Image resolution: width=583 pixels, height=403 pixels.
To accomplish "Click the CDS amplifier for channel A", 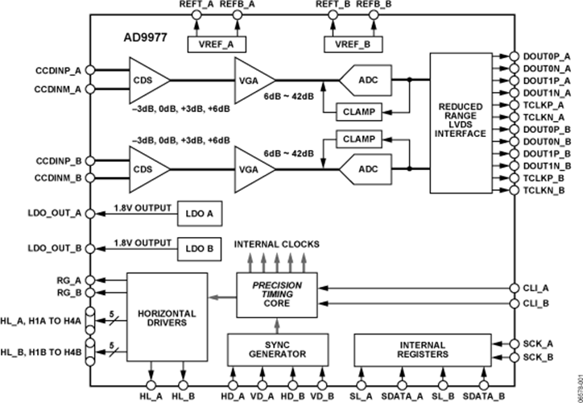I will tap(146, 80).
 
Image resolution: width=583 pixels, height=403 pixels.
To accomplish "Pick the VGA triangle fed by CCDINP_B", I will tap(253, 169).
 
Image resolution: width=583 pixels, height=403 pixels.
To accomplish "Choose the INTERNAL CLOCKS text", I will tap(276, 243).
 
